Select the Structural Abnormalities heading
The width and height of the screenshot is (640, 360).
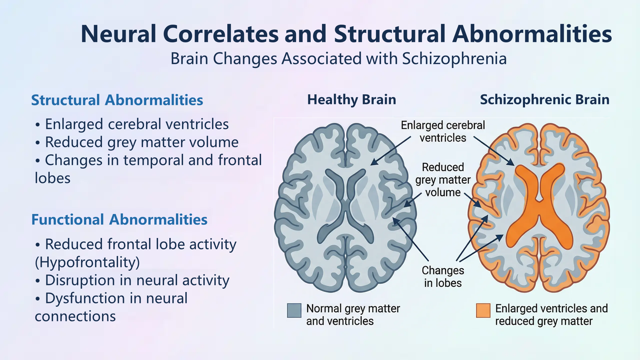(117, 100)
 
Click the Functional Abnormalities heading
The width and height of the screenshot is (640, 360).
(119, 220)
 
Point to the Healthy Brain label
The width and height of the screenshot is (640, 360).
(352, 100)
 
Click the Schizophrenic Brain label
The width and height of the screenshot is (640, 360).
(544, 100)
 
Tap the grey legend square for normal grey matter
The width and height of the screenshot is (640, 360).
(294, 310)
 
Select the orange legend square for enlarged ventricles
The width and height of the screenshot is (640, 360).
(483, 310)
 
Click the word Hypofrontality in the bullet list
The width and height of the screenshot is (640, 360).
(87, 262)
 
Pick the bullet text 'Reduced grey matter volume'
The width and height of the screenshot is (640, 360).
(142, 142)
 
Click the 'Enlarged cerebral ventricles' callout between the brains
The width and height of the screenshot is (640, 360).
(443, 131)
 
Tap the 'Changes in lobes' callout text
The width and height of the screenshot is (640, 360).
(443, 277)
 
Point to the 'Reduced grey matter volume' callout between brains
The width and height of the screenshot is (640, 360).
(443, 180)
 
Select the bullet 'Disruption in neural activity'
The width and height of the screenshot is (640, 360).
(137, 280)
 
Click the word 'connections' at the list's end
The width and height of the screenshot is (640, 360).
(75, 316)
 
